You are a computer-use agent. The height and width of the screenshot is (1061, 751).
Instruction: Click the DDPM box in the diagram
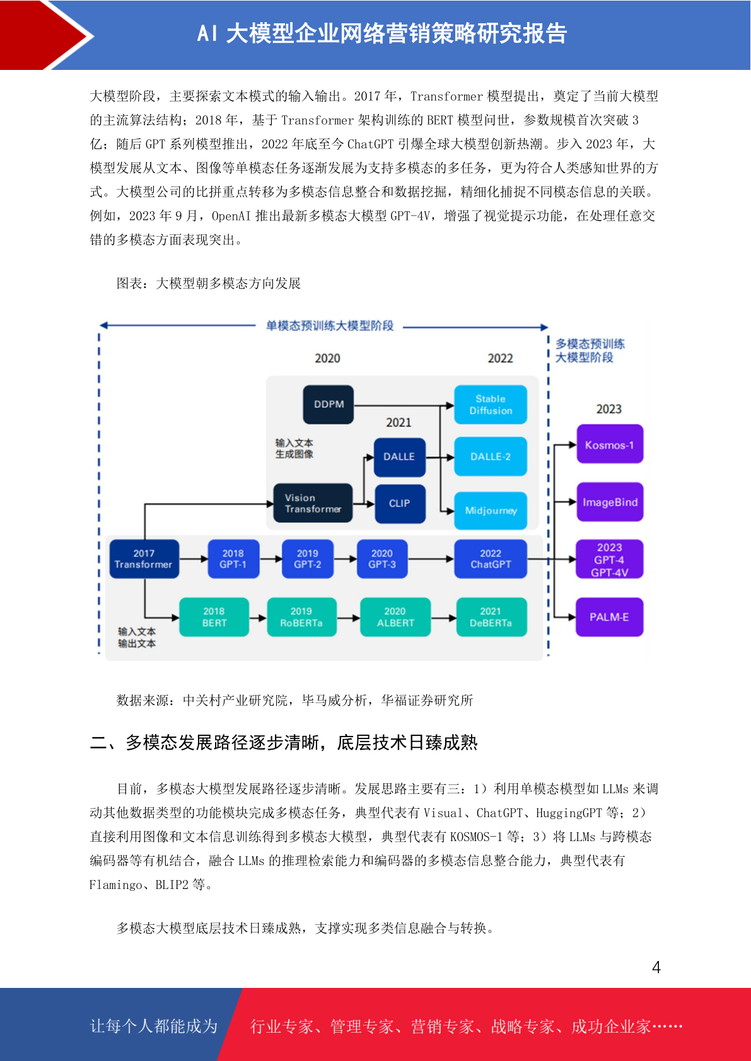tap(328, 404)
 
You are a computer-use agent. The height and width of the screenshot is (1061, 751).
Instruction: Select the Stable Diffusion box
tap(490, 404)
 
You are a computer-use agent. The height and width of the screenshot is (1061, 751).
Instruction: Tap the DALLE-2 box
tap(490, 456)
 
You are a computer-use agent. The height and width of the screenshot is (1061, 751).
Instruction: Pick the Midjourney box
tap(490, 510)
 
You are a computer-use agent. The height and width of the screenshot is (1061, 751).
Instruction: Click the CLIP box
tap(400, 503)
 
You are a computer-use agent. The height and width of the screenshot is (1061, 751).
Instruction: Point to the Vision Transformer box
tap(313, 503)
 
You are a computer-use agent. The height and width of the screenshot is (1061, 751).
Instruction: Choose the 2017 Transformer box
tap(144, 559)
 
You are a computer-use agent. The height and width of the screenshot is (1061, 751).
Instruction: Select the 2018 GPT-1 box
tap(233, 559)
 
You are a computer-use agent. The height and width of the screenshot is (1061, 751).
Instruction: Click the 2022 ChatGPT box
tap(490, 559)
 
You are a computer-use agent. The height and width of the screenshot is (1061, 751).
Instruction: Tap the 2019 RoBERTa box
tap(301, 617)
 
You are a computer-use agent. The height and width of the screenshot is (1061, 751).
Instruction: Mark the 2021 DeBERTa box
tap(491, 617)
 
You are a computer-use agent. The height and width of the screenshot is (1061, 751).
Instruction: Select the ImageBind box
tap(610, 502)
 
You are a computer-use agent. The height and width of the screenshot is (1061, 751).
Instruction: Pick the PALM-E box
tap(610, 617)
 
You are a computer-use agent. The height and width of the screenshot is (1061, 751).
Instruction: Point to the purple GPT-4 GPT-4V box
tap(610, 559)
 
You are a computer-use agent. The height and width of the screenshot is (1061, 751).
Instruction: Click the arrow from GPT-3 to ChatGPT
tap(431, 559)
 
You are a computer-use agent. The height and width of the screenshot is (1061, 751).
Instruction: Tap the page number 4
tap(656, 967)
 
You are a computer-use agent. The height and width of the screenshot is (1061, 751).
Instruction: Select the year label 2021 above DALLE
tap(399, 423)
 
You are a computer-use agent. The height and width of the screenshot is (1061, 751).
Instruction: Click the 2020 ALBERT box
tap(395, 617)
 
